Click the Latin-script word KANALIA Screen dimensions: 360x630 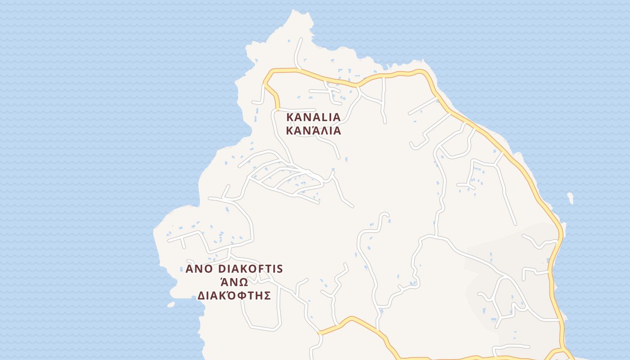click(314, 117)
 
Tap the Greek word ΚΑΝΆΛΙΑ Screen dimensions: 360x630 click(314, 131)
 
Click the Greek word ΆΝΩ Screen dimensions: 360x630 click(234, 282)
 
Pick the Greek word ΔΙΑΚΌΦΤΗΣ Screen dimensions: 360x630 click(234, 296)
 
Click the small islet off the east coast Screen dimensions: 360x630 click(571, 198)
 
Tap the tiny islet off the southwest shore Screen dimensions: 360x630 click(171, 305)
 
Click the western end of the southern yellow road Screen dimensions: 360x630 click(320, 333)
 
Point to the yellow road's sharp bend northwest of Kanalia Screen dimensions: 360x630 click(265, 81)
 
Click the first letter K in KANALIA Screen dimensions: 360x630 click(290, 117)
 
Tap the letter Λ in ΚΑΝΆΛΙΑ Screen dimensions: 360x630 click(322, 131)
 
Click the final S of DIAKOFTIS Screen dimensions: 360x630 click(279, 269)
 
